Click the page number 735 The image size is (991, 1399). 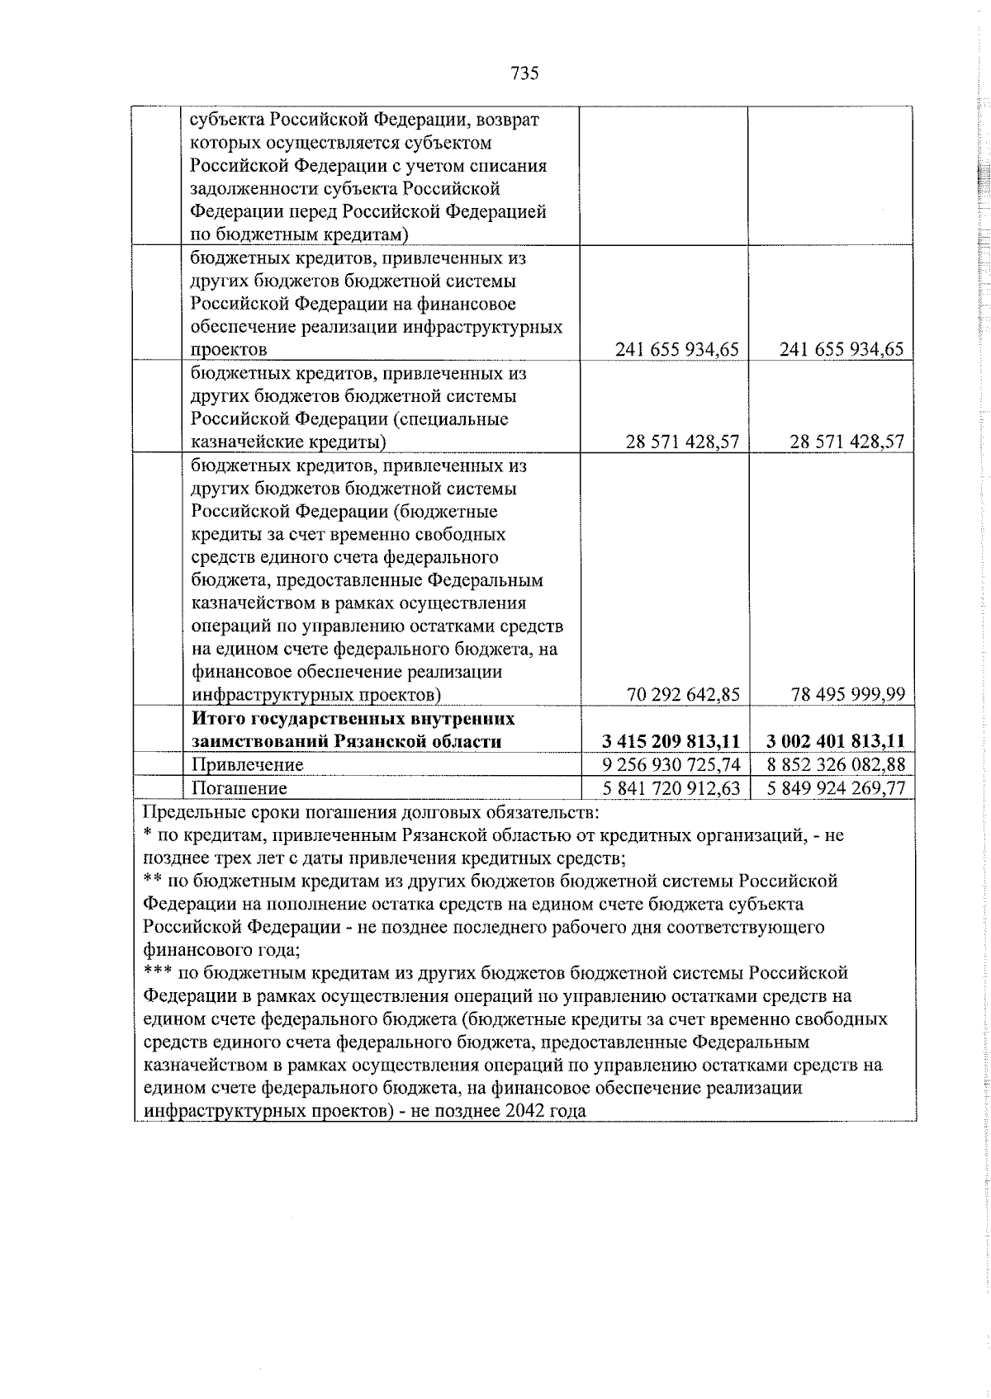(x=524, y=73)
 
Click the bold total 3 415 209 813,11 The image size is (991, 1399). (x=671, y=740)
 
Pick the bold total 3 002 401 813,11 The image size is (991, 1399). (x=836, y=740)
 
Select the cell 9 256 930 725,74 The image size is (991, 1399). (x=671, y=764)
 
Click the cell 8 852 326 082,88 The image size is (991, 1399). (x=836, y=764)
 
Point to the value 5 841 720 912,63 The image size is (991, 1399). (x=671, y=788)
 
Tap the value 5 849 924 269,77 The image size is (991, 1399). (x=836, y=788)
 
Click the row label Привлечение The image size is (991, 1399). (x=247, y=765)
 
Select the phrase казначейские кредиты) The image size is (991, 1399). (x=289, y=442)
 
